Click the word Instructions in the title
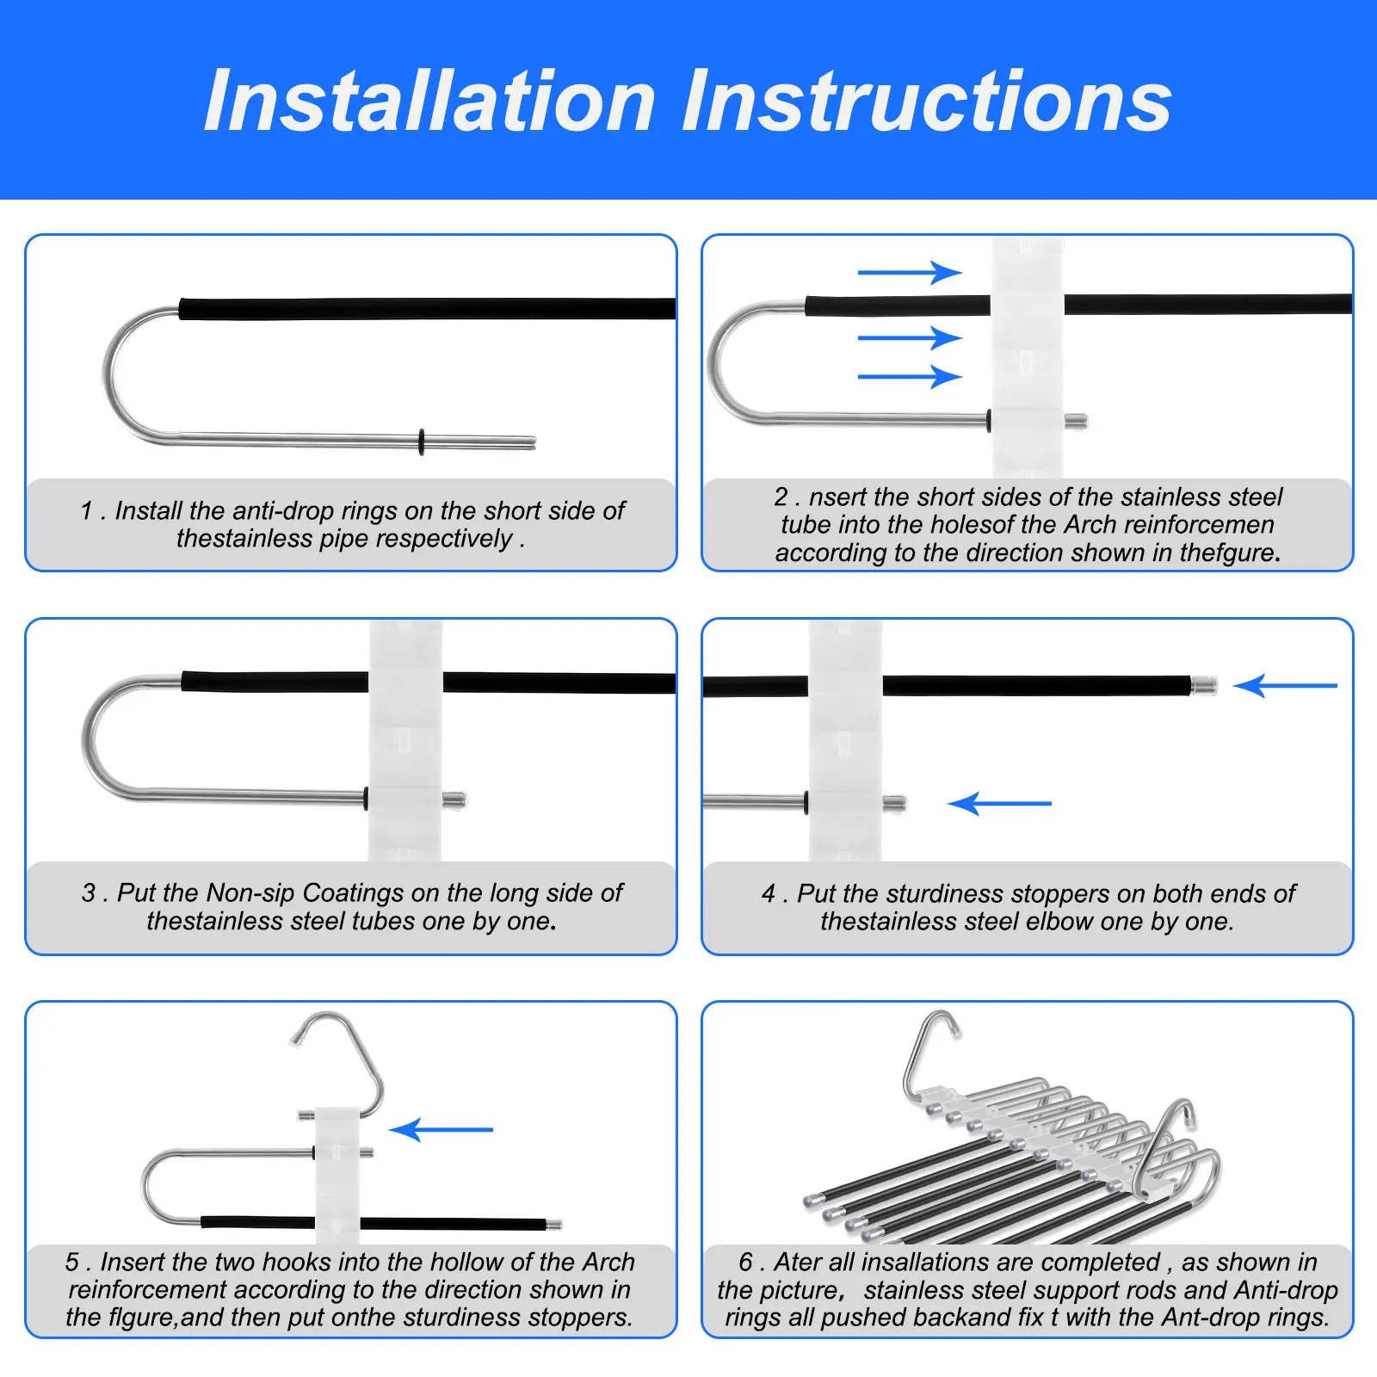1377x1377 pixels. [x=928, y=101]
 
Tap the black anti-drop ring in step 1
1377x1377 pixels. [x=422, y=442]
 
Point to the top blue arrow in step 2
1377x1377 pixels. [x=910, y=273]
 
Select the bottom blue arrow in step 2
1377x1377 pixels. [x=910, y=376]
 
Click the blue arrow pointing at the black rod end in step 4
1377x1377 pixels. [x=1285, y=686]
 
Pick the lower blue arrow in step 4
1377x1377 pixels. [x=999, y=803]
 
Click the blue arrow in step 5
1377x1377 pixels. [x=441, y=1129]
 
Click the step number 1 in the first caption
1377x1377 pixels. [x=86, y=510]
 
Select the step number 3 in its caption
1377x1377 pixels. [x=89, y=892]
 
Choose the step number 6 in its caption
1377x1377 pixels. [x=746, y=1262]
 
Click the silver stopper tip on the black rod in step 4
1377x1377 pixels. [x=1205, y=686]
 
